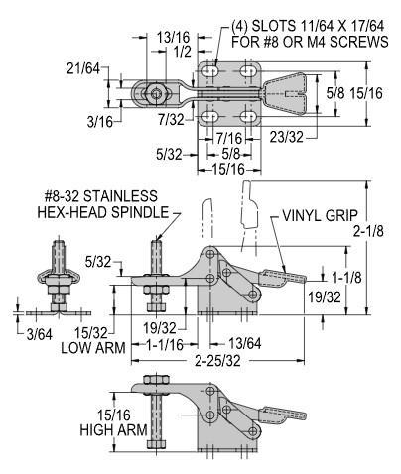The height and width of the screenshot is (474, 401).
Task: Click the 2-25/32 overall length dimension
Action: pos(217,361)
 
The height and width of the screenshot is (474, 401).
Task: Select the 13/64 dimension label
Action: pos(245,344)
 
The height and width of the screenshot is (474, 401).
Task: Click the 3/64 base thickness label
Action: pos(40,335)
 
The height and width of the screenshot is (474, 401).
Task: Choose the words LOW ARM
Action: pos(93,348)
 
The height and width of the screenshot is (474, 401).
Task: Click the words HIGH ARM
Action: pos(113,430)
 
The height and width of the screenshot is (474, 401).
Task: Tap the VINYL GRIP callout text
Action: pos(320,215)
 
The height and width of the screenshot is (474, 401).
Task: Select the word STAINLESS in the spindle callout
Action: pos(120,196)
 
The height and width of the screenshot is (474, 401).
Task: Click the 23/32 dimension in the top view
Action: pos(286,137)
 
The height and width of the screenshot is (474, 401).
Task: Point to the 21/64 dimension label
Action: pos(83,68)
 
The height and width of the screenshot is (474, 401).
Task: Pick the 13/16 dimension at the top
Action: pos(173,38)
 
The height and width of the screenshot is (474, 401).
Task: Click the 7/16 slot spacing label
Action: pos(229,138)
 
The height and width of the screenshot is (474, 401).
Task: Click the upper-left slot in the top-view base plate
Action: pos(209,70)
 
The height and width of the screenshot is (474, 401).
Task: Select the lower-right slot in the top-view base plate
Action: pos(248,116)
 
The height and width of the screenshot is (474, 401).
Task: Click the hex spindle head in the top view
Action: pos(155,93)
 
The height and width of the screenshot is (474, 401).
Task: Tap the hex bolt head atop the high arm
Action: pos(156,379)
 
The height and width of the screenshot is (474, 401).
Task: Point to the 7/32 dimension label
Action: pos(171,119)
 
